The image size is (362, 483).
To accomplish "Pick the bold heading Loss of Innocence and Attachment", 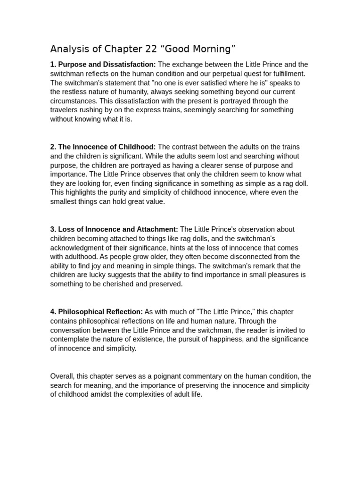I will coord(118,229).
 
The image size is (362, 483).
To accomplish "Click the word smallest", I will coord(65,201).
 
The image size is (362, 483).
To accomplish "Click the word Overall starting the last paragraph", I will coord(62,376).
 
